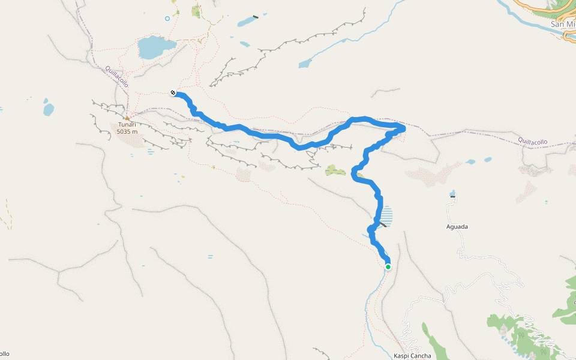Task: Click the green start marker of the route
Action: point(388,267)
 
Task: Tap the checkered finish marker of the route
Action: point(173,92)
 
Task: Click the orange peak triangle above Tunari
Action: point(127,118)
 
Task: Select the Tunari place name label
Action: point(127,125)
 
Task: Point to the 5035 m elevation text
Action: point(127,131)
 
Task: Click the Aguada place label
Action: point(457,227)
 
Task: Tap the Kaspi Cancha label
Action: point(412,356)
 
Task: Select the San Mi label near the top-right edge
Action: point(563,25)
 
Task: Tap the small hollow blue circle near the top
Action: point(167,19)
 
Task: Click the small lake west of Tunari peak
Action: point(49,110)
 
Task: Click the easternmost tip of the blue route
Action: point(404,128)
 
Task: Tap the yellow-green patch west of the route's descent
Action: point(335,171)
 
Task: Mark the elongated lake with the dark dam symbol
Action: point(247,22)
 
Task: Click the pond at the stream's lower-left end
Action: point(305,63)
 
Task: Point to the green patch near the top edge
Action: point(197,10)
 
